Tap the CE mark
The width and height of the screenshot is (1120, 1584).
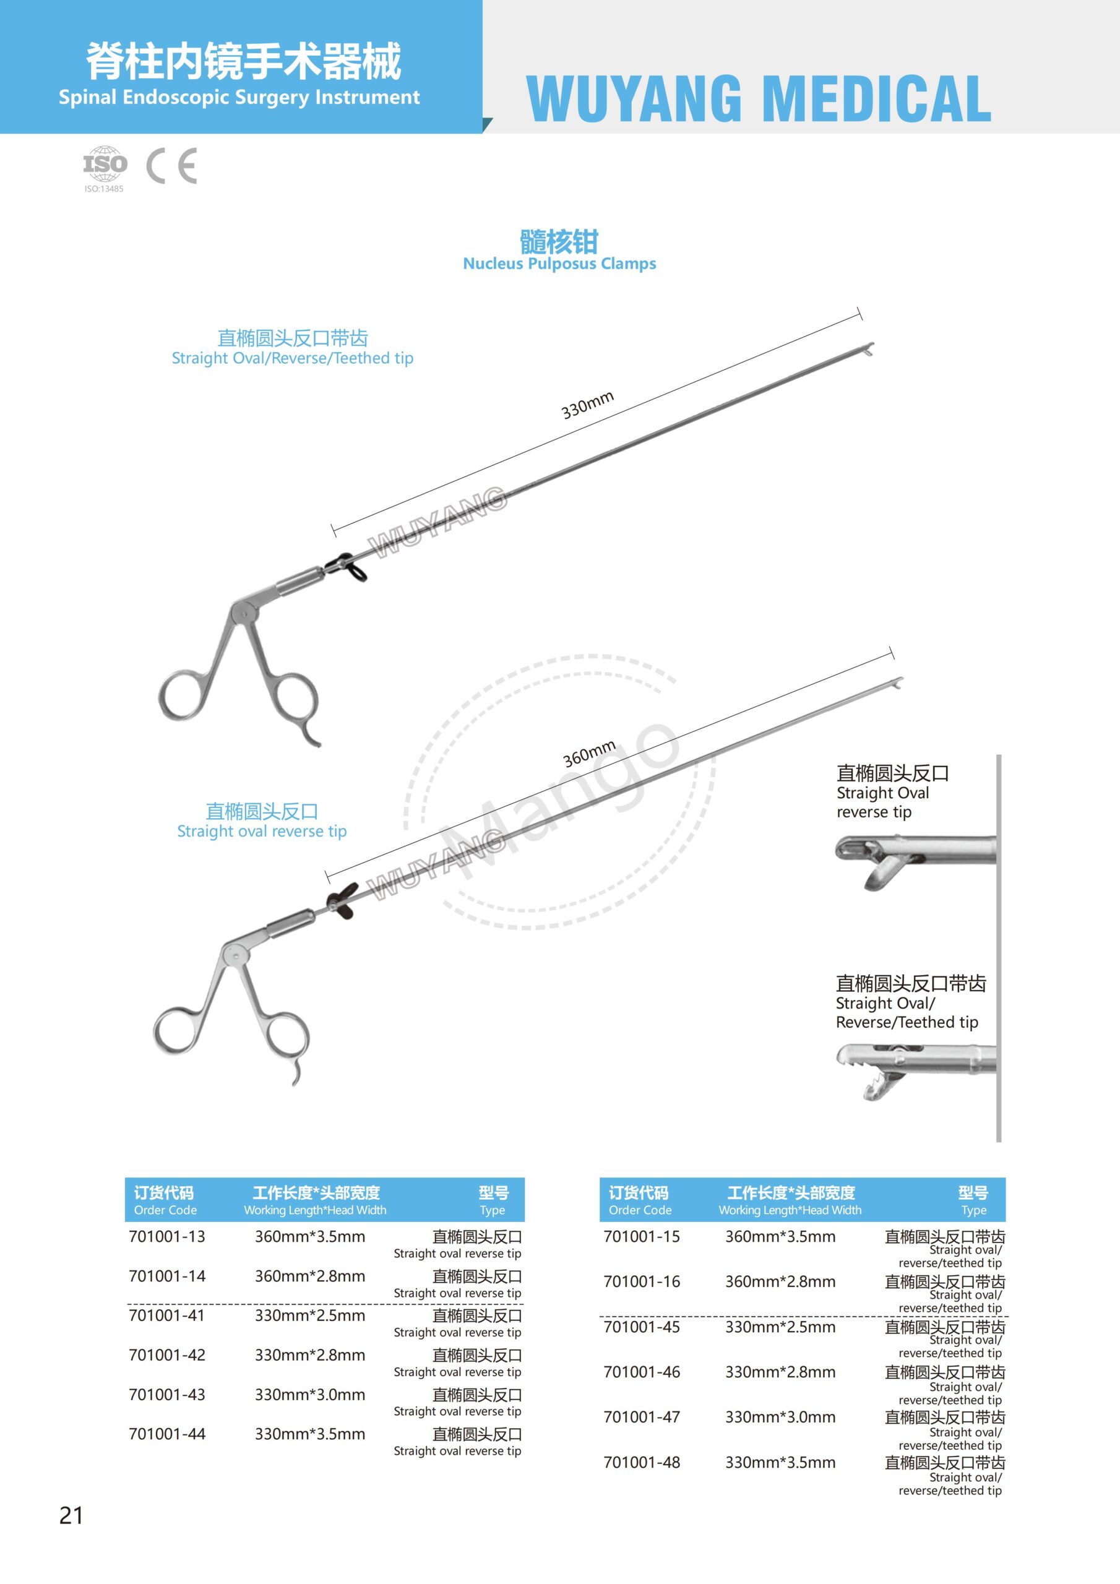coord(172,166)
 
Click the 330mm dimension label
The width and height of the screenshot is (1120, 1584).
coord(587,405)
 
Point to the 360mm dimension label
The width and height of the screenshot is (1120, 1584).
coord(588,754)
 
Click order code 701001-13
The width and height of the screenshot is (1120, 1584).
coord(167,1236)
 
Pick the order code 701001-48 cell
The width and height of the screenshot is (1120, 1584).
coord(642,1462)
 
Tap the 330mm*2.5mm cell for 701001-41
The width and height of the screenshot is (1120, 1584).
coord(310,1315)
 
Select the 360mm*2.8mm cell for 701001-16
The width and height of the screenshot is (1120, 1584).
coord(780,1281)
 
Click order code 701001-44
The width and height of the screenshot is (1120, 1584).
coord(167,1434)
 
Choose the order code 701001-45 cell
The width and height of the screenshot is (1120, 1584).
coord(642,1327)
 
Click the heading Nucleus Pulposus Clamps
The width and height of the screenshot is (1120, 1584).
coord(559,264)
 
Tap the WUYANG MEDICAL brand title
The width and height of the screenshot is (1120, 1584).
coord(759,98)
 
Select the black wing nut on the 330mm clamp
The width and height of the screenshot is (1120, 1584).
coord(349,567)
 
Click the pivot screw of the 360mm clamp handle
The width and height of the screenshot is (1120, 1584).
coord(237,956)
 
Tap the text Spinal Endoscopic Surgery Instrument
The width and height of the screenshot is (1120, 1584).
coord(239,97)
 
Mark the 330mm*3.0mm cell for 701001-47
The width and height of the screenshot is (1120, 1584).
coord(780,1417)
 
